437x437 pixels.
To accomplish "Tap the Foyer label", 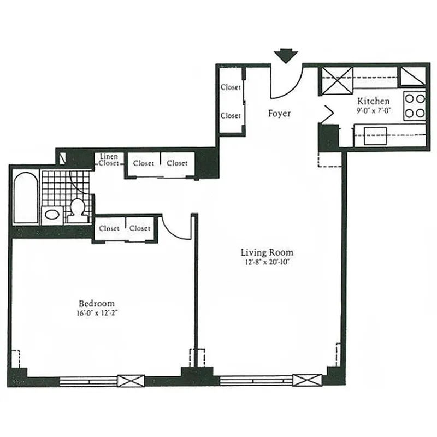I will pos(279,114).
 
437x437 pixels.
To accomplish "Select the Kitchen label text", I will pos(374,101).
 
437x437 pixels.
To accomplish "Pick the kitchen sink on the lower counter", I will pos(375,135).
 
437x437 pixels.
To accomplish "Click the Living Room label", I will pos(267,252).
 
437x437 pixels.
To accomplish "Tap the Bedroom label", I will pos(97,304).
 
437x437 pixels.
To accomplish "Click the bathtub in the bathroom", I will pos(25,198).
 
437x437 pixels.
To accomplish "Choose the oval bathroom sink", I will pos(52,215).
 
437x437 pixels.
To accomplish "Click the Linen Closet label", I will pos(109,160).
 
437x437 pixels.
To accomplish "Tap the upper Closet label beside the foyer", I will pos(231,87).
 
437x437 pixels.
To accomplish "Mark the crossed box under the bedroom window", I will pos(131,381).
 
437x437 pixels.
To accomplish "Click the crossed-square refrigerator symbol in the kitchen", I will pos(336,82).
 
